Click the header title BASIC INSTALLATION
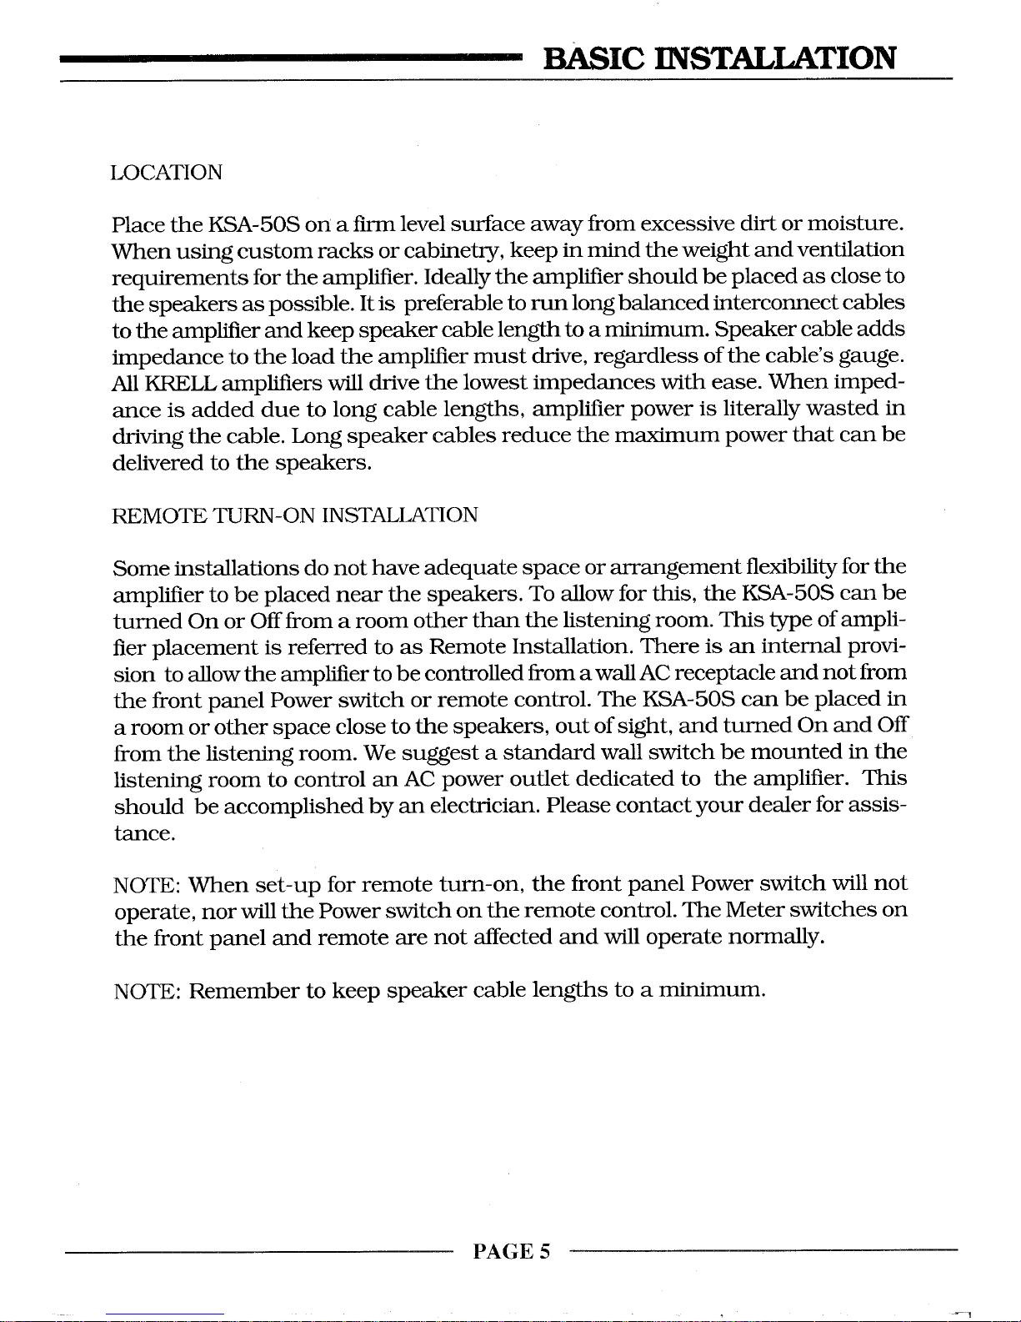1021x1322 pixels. pyautogui.click(x=719, y=58)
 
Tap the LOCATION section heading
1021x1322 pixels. pyautogui.click(x=167, y=173)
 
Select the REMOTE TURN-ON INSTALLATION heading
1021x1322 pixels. pyautogui.click(x=295, y=515)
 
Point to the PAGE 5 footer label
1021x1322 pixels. pyautogui.click(x=511, y=1251)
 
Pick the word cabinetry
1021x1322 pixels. pyautogui.click(x=461, y=250)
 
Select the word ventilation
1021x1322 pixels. pyautogui.click(x=851, y=250)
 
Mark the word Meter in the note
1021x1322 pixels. pyautogui.click(x=755, y=910)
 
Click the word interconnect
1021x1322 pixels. pyautogui.click(x=777, y=303)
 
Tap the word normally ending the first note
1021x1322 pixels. pyautogui.click(x=776, y=937)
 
